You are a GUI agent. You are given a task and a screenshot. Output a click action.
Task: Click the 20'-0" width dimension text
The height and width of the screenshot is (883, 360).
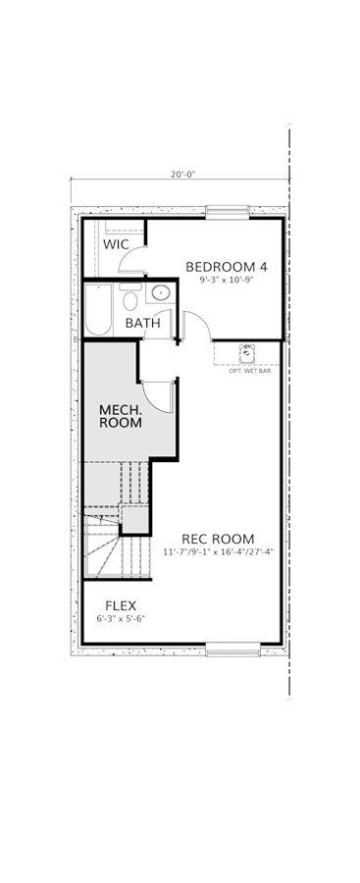[182, 174]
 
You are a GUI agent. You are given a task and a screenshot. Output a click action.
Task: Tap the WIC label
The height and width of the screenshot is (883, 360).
[116, 245]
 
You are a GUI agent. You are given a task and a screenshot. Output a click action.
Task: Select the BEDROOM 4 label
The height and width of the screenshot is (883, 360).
[226, 266]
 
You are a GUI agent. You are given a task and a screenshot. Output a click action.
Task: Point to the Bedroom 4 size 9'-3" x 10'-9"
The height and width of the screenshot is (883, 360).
[226, 280]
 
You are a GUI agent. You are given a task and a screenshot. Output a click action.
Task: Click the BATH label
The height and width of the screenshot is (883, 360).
[142, 324]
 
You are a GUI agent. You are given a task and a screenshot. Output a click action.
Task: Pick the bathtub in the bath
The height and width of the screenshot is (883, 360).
[99, 310]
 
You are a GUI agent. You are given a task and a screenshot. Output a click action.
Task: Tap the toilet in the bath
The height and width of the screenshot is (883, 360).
[130, 296]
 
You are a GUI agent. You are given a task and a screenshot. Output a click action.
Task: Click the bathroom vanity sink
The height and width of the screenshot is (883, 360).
[161, 292]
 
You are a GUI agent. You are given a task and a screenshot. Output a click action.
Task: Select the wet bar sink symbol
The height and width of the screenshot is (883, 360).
[247, 353]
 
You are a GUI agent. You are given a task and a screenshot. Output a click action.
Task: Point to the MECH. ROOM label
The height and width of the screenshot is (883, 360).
[121, 416]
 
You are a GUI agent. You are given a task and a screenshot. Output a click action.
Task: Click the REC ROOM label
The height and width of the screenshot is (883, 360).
[218, 539]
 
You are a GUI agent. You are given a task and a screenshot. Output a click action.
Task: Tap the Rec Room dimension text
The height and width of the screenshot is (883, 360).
[218, 551]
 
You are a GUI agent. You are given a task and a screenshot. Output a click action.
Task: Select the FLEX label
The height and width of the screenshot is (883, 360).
[121, 606]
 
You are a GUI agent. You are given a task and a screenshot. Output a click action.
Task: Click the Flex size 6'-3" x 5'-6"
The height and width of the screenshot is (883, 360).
[121, 618]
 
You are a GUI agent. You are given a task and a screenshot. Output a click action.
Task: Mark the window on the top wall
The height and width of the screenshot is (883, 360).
[227, 212]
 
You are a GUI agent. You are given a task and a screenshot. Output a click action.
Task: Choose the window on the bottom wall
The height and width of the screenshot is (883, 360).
[232, 649]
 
